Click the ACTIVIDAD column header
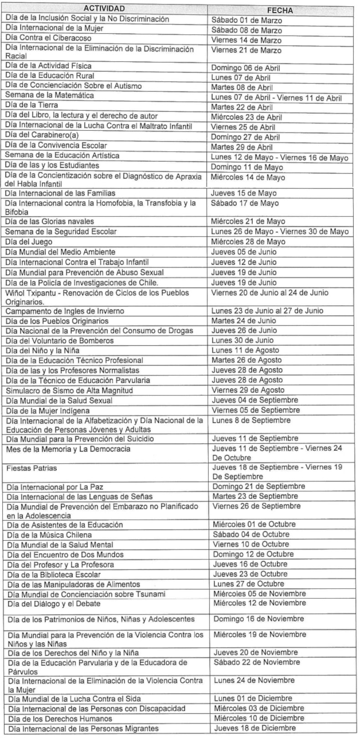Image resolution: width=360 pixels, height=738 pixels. (104, 9)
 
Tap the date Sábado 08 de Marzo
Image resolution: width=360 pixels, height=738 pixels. (247, 31)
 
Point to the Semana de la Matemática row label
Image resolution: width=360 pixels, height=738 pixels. (50, 96)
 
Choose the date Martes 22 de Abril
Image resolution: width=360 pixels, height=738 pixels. (242, 108)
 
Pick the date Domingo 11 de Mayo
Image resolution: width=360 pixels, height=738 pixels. (247, 167)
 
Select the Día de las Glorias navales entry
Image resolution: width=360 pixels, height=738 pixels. (50, 221)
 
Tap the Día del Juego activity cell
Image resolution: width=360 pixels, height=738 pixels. (29, 242)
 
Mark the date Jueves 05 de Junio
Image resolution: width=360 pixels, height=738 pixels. (244, 252)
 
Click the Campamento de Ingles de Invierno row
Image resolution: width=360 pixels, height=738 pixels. (65, 311)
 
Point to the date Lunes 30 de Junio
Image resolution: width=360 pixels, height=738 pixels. (242, 340)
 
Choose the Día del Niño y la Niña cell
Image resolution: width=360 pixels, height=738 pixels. (43, 350)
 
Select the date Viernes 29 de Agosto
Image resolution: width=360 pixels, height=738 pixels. (248, 390)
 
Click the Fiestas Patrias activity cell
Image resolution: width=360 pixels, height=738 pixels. (31, 468)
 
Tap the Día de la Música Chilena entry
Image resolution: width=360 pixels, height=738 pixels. (49, 535)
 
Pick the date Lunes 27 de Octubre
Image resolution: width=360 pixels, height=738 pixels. (248, 584)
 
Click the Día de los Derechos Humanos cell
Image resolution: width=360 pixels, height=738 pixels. (53, 718)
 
